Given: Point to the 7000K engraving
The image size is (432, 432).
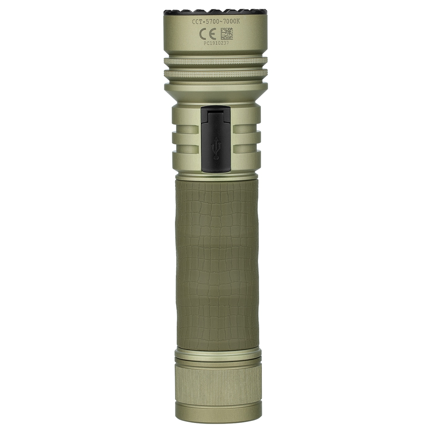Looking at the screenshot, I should [232, 22].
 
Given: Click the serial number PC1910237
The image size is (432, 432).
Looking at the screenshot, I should [216, 44].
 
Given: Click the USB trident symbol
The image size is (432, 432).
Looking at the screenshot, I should [216, 151].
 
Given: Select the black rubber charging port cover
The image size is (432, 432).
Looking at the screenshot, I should [216, 138].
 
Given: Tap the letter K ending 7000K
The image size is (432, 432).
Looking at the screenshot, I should [239, 22].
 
